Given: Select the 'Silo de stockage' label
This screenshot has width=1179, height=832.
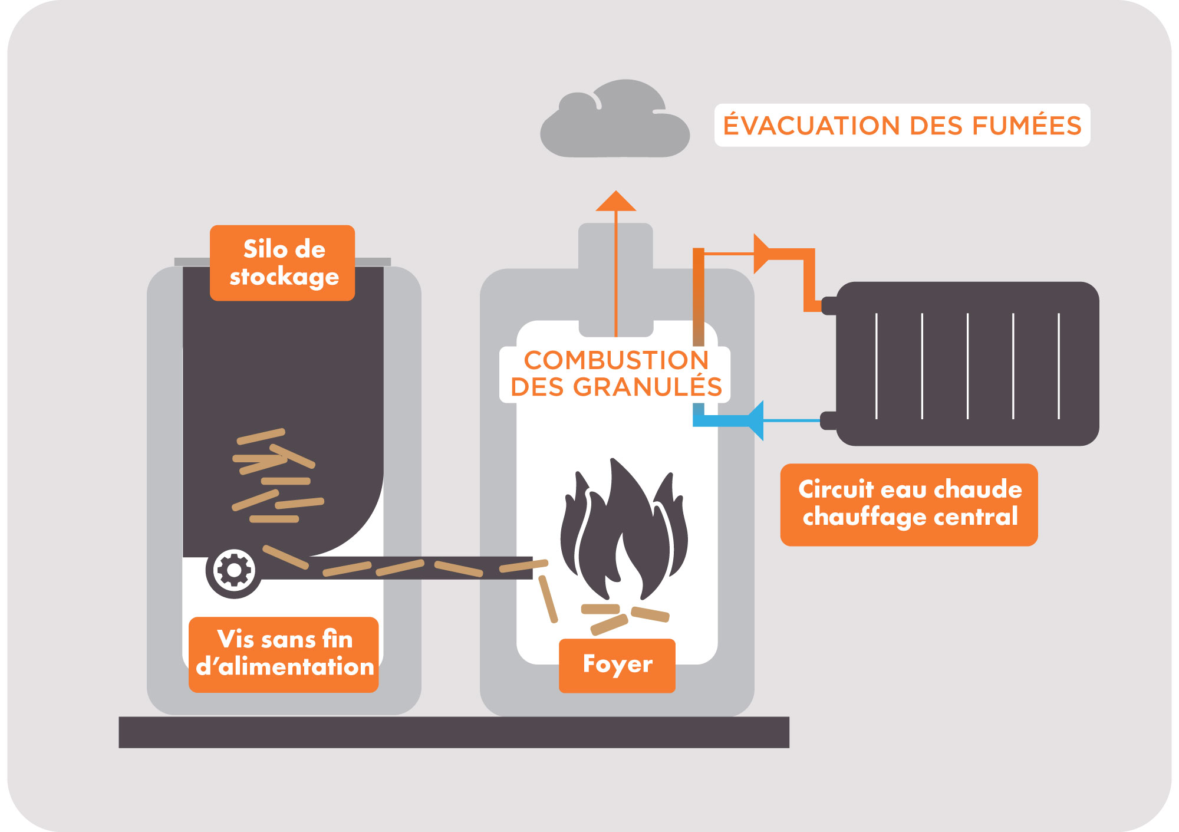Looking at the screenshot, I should point(283,263).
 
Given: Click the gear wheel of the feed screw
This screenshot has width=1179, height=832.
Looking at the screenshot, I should point(234,570).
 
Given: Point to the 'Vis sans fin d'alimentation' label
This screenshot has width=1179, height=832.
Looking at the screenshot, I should point(284,654).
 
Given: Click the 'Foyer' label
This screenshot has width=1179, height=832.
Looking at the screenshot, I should point(617,665).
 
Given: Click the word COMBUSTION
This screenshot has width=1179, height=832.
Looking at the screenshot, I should point(616,360).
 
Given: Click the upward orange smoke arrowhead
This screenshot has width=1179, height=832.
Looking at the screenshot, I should point(615,202).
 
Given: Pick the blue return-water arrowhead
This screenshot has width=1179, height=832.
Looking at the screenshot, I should point(755,420).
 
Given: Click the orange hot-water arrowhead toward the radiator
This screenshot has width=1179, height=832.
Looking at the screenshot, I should point(761,254).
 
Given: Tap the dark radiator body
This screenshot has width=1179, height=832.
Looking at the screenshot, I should point(967,363).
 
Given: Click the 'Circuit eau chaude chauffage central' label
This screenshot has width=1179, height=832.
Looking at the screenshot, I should point(909,504).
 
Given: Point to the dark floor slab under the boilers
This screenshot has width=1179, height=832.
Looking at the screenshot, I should point(453,732).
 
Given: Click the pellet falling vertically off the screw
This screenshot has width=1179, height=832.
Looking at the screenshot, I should point(548,598).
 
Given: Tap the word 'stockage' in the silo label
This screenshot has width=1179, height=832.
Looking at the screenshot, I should point(284,277).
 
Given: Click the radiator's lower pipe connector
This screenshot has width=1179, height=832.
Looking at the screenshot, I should point(829,420).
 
